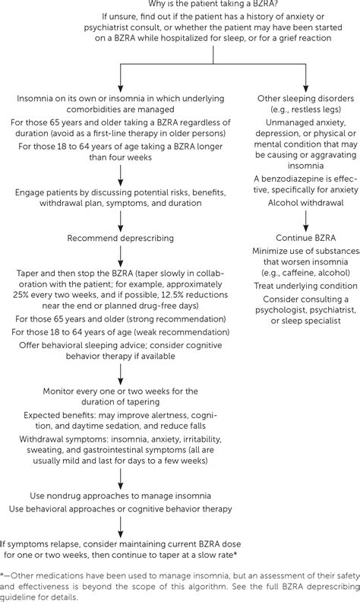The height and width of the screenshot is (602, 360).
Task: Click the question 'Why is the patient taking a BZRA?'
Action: click(179, 6)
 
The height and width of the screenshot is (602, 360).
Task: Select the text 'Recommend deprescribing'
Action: click(121, 237)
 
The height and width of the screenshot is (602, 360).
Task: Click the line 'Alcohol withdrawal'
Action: click(304, 203)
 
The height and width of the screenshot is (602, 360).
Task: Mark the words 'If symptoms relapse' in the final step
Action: click(38, 544)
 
